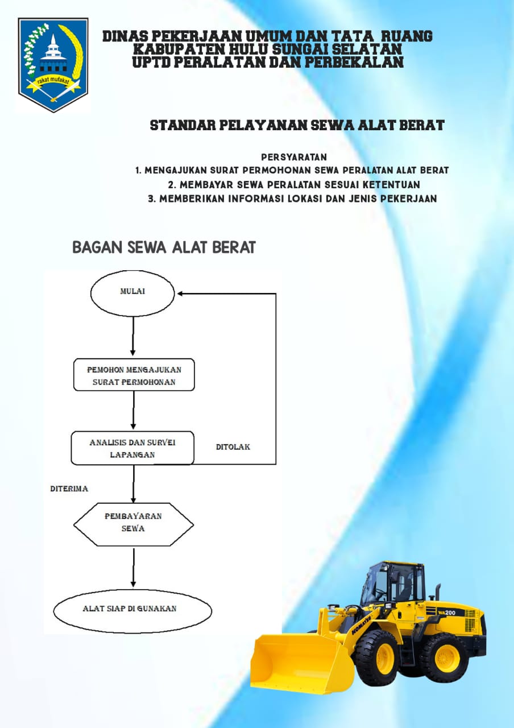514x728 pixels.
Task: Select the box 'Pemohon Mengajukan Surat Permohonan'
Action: point(134,375)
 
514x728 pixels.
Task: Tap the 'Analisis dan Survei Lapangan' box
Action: point(132,448)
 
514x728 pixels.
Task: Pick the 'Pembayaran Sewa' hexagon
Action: point(134,524)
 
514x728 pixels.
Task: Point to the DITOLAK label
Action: point(233,447)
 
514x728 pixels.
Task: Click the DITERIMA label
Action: point(69,489)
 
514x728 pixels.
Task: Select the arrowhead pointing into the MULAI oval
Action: point(180,294)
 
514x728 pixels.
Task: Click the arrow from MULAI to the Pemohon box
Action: point(132,336)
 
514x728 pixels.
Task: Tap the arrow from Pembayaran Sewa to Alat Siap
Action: point(133,568)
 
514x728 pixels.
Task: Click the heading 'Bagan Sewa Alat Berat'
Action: point(164,247)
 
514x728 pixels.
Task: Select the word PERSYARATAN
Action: point(294,158)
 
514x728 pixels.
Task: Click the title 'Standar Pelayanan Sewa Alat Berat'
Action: point(297,125)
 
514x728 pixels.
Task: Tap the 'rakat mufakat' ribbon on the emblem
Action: point(53,81)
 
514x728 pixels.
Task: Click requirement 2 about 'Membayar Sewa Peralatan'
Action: point(294,185)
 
